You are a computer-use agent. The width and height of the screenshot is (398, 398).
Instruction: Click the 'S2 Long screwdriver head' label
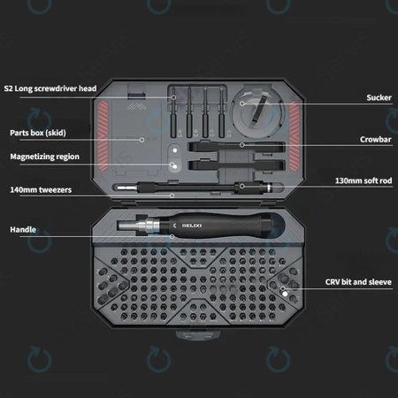pyautogui.click(x=50, y=88)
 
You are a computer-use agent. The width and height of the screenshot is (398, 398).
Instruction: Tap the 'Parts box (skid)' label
pyautogui.click(x=38, y=133)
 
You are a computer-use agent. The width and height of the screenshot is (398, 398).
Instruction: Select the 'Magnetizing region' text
pyautogui.click(x=45, y=157)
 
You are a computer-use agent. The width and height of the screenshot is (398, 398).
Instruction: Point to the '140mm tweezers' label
pyautogui.click(x=41, y=189)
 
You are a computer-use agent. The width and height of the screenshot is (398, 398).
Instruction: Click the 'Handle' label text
pyautogui.click(x=23, y=229)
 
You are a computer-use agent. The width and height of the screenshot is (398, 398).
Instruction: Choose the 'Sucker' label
pyautogui.click(x=379, y=97)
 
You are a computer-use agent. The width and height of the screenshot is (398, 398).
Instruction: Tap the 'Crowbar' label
pyautogui.click(x=376, y=139)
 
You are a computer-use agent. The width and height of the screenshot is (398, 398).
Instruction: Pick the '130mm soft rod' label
pyautogui.click(x=364, y=180)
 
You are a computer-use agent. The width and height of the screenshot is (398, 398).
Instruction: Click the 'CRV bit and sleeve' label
pyautogui.click(x=358, y=282)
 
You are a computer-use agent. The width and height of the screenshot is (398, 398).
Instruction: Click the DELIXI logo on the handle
pyautogui.click(x=192, y=226)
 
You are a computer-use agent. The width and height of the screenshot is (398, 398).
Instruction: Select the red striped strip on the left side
pyautogui.click(x=103, y=135)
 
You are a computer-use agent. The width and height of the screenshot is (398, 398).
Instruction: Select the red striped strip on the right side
pyautogui.click(x=295, y=135)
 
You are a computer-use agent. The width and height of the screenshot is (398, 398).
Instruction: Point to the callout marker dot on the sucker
pyautogui.click(x=242, y=103)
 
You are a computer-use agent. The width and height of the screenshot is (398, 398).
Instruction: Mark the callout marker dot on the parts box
pyautogui.click(x=142, y=140)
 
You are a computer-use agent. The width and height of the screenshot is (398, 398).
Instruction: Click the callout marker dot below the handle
pyautogui.click(x=172, y=236)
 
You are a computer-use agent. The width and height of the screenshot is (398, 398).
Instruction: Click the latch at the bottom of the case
pyautogui.click(x=198, y=335)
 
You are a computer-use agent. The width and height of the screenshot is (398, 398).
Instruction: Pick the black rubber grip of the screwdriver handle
pyautogui.click(x=223, y=226)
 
